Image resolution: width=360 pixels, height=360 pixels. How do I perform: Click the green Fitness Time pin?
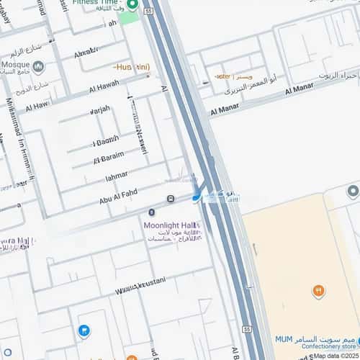[132, 5]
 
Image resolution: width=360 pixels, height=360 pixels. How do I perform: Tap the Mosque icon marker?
[38, 68]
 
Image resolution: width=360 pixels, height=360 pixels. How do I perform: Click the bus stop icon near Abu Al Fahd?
[171, 199]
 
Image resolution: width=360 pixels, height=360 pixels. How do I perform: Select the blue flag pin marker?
[84, 330]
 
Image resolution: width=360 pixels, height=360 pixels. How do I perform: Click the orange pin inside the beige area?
[318, 290]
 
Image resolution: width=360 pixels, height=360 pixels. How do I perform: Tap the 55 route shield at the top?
[149, 12]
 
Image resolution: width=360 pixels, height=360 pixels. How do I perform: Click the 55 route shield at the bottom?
[246, 329]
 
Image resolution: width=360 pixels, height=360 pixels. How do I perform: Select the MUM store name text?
[283, 339]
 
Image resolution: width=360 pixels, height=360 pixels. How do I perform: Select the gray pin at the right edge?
[352, 191]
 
